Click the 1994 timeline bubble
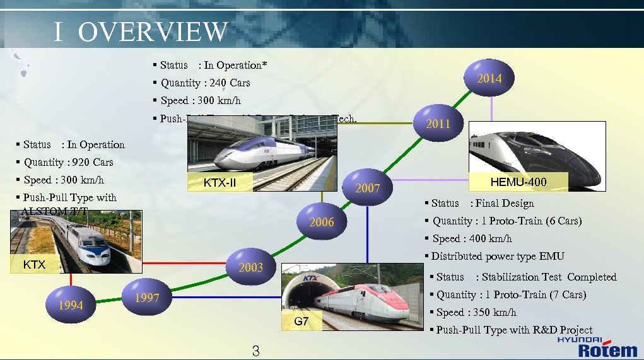71,305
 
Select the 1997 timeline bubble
147,298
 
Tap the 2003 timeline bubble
250,267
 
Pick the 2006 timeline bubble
321,222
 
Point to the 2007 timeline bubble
367,188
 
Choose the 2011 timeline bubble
438,123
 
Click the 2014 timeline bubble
489,79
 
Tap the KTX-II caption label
220,183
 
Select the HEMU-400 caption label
518,182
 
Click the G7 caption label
302,322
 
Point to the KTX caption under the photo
34,264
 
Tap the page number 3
255,351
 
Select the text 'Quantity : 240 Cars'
205,83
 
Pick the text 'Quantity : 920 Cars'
68,162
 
